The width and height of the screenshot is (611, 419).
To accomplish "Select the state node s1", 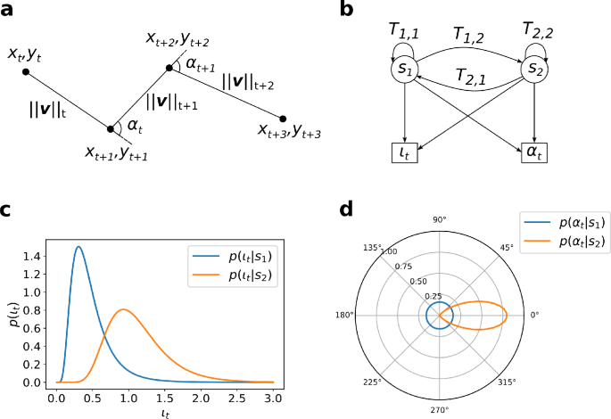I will click(402, 68).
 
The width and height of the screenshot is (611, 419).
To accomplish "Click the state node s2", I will click(532, 68).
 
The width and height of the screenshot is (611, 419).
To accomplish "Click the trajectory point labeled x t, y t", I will click(26, 70).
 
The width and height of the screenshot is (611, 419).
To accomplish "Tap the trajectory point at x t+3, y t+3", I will click(283, 118).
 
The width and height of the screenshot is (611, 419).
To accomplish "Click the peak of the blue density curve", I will click(78, 247).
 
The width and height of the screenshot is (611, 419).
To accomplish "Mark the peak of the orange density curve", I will click(124, 309).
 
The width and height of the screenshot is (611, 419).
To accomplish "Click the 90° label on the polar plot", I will click(438, 218).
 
